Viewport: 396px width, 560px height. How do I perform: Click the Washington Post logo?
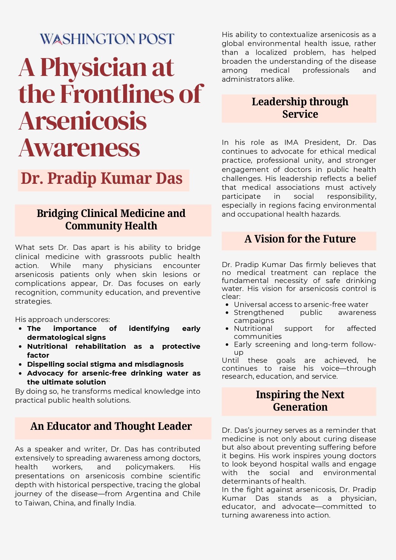coord(107,39)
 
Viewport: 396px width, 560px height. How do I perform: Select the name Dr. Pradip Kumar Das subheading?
coord(102,179)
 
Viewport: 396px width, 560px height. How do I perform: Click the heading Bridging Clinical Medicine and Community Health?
coord(111,220)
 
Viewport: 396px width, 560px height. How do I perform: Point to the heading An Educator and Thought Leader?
coord(111,426)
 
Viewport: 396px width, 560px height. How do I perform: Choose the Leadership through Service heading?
coord(300,108)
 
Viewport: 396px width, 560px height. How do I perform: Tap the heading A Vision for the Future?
coord(300,239)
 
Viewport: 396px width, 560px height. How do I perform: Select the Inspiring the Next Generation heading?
coord(300,401)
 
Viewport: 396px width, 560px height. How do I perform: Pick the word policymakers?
coord(150,467)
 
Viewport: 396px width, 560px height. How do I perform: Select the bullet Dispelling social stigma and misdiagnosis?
coord(105,364)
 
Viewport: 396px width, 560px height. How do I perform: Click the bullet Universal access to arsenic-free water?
coord(301,304)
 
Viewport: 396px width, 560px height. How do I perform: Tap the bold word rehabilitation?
coord(101,346)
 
